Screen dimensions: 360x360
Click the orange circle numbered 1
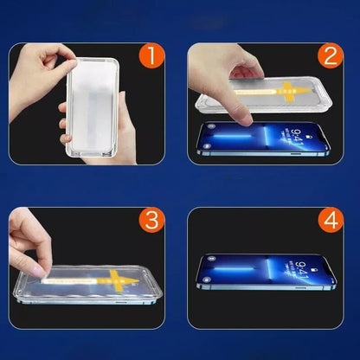click(x=151, y=56)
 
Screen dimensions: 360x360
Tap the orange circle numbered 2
click(x=331, y=56)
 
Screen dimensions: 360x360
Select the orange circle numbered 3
click(x=151, y=221)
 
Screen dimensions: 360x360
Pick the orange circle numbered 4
click(x=331, y=221)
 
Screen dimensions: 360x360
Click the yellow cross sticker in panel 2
click(x=288, y=92)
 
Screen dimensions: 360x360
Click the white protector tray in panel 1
click(x=93, y=107)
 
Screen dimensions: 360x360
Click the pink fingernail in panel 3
click(x=40, y=271)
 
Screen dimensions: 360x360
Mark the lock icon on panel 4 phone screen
click(x=314, y=271)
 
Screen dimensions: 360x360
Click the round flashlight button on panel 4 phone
click(x=206, y=280)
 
